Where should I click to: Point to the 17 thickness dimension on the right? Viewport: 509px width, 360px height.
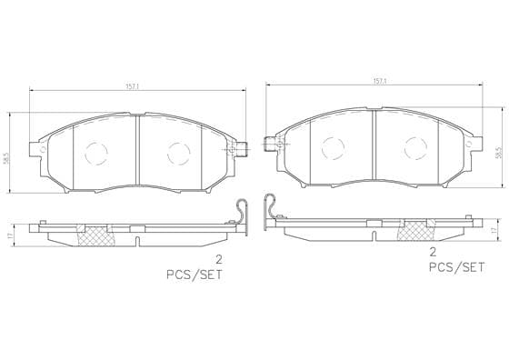coord(494,230)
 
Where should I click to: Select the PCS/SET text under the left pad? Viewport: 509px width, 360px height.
coord(195,275)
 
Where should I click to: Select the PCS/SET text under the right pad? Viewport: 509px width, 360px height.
coord(456,267)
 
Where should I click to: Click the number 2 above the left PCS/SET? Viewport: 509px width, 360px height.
coord(219,259)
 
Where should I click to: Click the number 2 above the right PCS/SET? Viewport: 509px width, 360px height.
coord(433,252)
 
